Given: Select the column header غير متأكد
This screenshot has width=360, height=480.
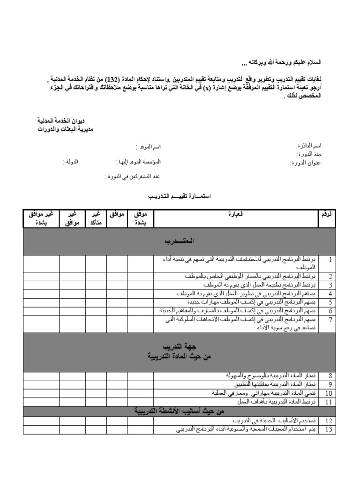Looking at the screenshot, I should click(96, 218).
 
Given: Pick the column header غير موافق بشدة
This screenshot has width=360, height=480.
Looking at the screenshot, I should click(41, 218).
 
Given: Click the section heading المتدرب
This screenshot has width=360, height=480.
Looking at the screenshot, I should click(179, 241).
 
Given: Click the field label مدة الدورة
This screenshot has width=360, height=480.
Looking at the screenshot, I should click(311, 154).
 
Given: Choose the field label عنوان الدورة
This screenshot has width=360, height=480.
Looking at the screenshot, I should click(307, 163).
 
